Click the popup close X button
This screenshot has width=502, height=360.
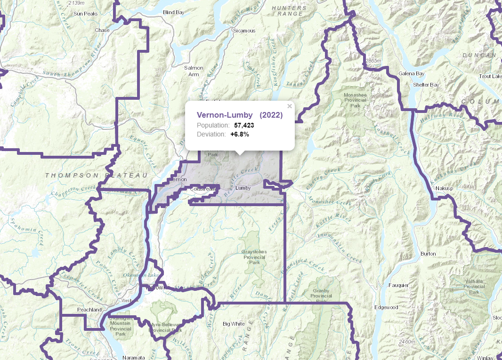click(290, 106)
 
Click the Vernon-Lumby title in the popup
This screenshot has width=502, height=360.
click(225, 115)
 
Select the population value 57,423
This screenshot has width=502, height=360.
click(244, 125)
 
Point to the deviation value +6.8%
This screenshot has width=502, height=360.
click(239, 134)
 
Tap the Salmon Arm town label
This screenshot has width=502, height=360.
click(194, 71)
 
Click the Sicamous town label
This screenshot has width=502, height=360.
click(244, 31)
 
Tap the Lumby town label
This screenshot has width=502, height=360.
click(243, 188)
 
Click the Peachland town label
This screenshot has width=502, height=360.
click(89, 310)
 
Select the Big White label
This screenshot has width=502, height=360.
click(234, 324)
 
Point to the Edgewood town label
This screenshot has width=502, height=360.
click(386, 307)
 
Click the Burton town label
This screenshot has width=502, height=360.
click(428, 254)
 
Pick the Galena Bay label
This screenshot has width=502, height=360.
click(412, 74)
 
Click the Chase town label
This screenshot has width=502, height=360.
click(102, 30)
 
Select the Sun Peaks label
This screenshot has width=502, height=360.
click(85, 14)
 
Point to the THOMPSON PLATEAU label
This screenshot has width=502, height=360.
click(93, 175)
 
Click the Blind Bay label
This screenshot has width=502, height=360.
click(173, 12)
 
